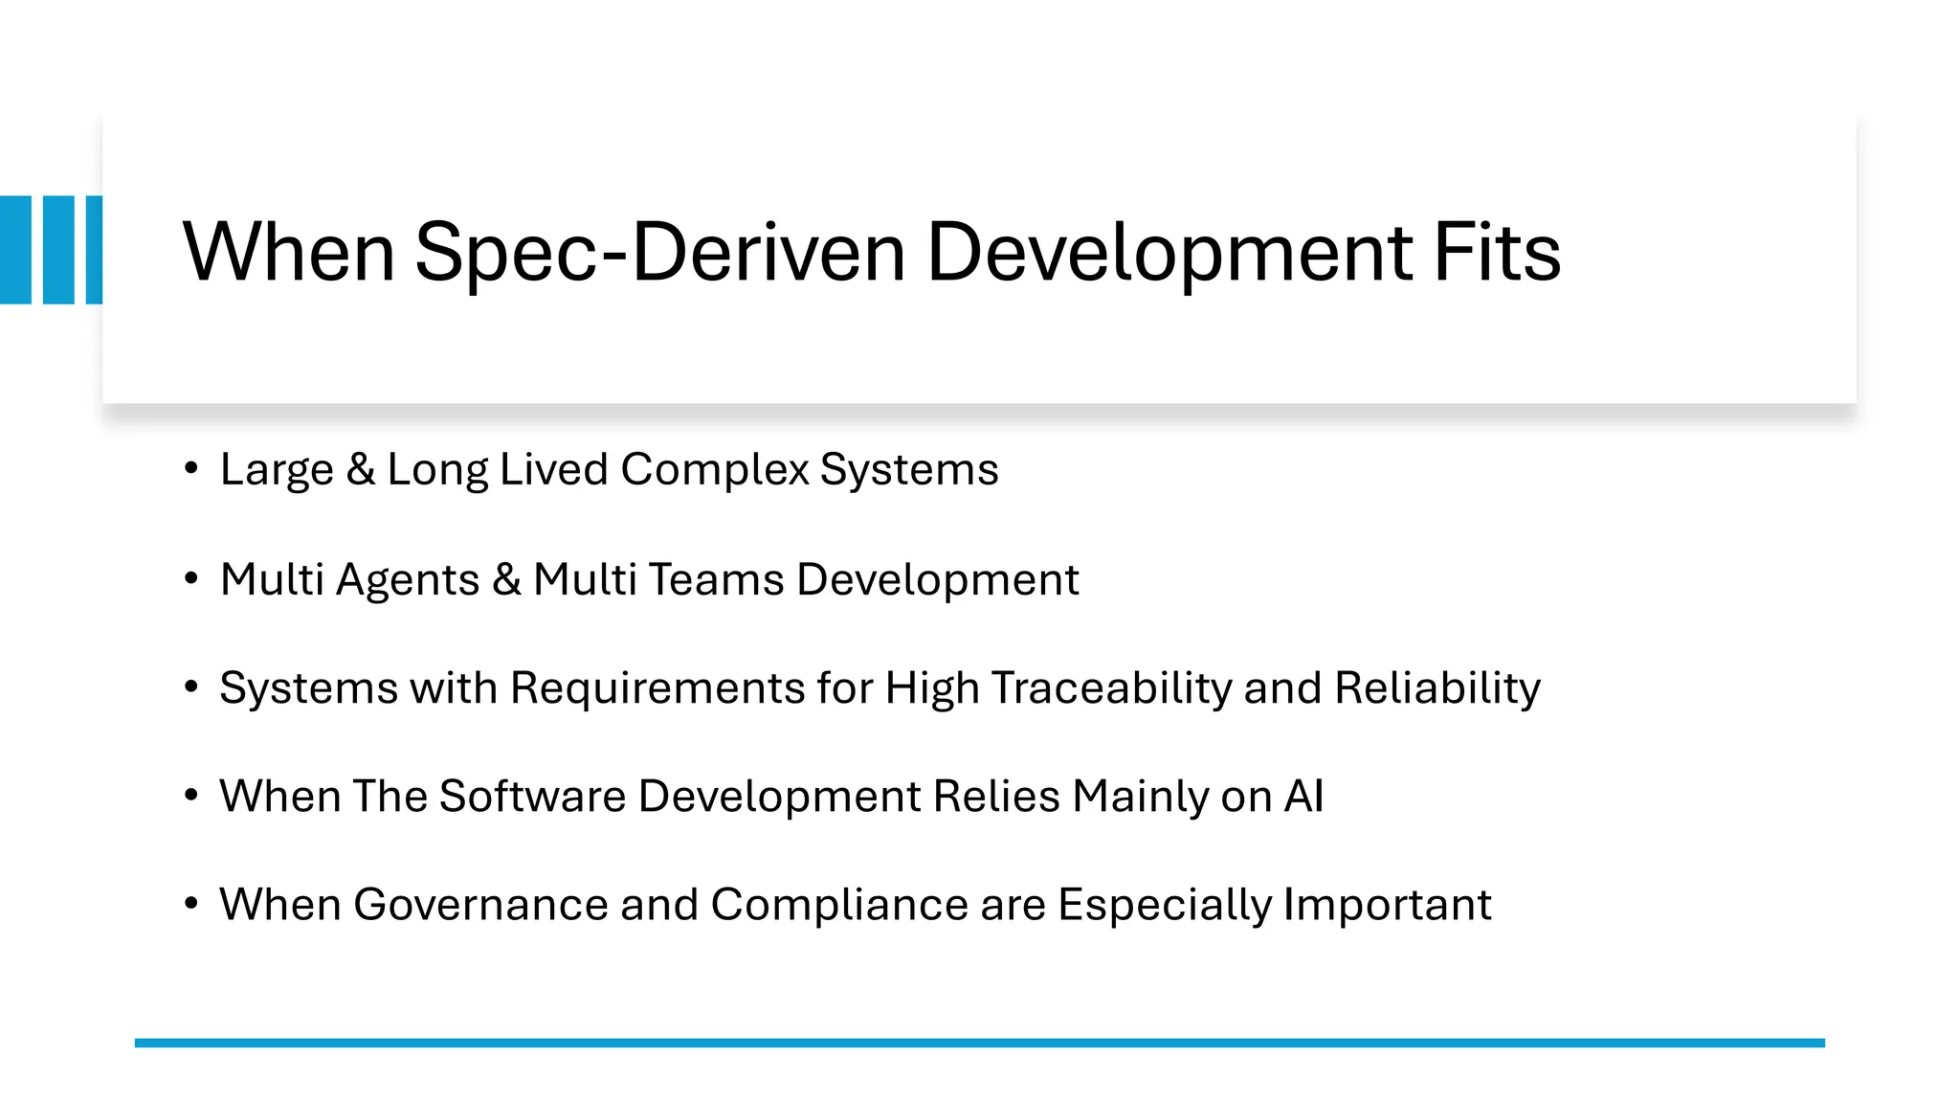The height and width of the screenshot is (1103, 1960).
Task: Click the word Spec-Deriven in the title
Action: point(659,253)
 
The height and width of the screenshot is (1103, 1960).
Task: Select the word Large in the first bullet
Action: point(277,470)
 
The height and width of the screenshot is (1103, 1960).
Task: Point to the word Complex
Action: point(715,470)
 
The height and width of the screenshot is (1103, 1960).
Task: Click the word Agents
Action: point(408,579)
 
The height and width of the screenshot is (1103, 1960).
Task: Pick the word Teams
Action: point(716,579)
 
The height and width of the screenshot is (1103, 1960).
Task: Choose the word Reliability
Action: point(1437,688)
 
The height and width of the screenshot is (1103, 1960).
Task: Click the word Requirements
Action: point(657,688)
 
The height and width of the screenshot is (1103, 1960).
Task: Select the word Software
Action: point(532,797)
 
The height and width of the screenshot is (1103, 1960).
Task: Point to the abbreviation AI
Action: point(1303,797)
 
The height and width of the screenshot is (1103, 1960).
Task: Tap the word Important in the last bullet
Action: point(1387,905)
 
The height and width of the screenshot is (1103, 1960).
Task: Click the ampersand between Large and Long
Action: point(361,470)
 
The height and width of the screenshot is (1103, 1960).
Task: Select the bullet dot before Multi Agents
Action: point(191,578)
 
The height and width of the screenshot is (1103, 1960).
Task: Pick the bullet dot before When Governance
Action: point(191,903)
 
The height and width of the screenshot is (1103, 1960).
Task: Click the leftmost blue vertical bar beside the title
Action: point(15,250)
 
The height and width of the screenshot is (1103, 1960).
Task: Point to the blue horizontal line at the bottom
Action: point(979,1043)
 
